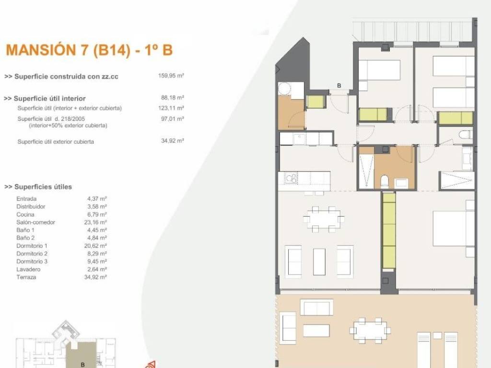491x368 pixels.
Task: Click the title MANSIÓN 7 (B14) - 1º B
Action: pos(89,50)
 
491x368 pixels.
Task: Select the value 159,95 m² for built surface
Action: pos(171,75)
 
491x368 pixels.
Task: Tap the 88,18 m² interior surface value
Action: pos(173,98)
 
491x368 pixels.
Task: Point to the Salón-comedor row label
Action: pos(35,222)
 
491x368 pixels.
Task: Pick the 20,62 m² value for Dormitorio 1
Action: pos(95,246)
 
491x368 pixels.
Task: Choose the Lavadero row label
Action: pos(28,269)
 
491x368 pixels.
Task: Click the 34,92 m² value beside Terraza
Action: pos(95,277)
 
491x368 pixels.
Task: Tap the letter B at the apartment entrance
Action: pos(339,85)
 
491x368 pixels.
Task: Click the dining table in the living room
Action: pos(324,219)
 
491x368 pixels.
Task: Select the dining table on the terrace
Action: pos(370,331)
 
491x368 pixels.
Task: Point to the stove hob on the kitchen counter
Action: pos(291,178)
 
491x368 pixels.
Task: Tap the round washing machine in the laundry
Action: pos(285,89)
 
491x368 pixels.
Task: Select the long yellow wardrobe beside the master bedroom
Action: pos(389,230)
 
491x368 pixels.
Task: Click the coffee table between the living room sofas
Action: pos(319,262)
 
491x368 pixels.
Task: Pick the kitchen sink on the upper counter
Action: pos(299,138)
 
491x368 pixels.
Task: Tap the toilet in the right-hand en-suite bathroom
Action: pos(466,135)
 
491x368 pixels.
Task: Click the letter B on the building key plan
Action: pos(82,365)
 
